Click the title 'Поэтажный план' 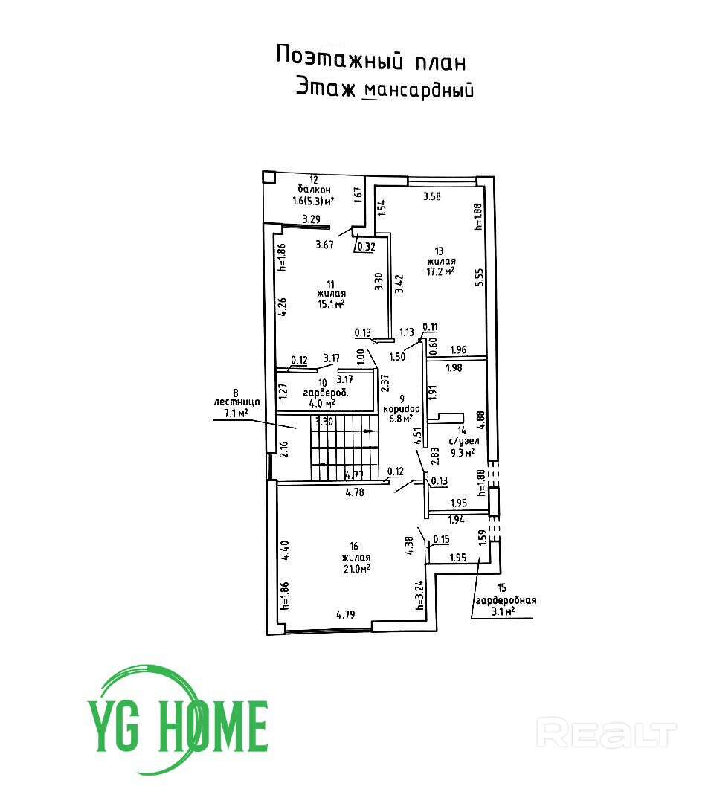point(371,57)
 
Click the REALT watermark point(607,733)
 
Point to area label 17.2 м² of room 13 point(440,272)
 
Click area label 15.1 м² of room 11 point(330,303)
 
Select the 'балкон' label point(313,190)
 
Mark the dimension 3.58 point(432,196)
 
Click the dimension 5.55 point(480,277)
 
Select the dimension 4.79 point(347,615)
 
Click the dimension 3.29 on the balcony point(312,219)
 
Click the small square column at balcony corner point(269,178)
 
